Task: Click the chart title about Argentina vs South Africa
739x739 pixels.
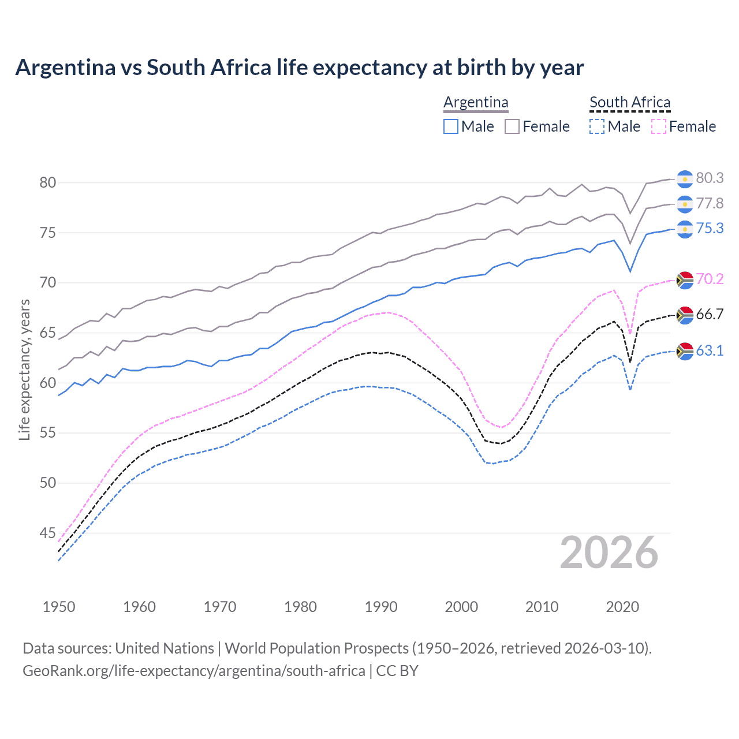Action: coord(299,68)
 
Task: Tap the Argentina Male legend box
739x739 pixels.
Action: coord(451,126)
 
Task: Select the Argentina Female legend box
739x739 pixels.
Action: coord(512,126)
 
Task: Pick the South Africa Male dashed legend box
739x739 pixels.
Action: coord(597,126)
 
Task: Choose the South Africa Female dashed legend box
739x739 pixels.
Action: coord(659,126)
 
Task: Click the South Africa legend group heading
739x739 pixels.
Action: coord(630,103)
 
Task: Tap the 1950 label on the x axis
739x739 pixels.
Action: coord(59,607)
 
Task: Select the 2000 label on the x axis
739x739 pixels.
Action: coord(461,607)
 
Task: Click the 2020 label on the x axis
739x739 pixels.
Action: coord(622,607)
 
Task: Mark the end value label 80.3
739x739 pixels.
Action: coord(710,178)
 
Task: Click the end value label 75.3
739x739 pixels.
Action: coord(710,229)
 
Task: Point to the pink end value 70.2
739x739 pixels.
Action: coord(710,279)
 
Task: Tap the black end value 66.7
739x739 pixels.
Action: coord(710,315)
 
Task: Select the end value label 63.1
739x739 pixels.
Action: coord(710,351)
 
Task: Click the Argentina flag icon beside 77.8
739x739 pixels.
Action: coord(685,204)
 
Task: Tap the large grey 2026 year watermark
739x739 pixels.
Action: coord(609,553)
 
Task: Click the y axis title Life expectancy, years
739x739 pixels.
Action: coord(24,369)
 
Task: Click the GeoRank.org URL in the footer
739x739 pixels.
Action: coord(193,671)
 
